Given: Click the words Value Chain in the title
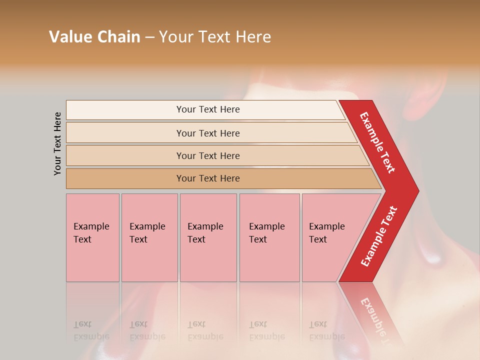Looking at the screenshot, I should [94, 37].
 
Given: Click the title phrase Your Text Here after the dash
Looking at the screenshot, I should [215, 37].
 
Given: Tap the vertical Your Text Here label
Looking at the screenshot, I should [57, 143].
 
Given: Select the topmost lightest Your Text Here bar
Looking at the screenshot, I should [207, 109].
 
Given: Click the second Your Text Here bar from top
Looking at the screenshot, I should [207, 133].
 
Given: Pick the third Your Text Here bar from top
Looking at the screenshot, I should [207, 155].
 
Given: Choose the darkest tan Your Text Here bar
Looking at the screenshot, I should [207, 178].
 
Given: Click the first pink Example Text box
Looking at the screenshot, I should [92, 237].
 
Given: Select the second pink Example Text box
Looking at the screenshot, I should [149, 237].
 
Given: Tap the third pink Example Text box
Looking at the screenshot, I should [208, 237].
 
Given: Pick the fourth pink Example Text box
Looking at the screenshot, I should [269, 237].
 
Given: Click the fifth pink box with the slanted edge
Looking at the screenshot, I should [330, 237].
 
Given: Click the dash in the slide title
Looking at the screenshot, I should [149, 37].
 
